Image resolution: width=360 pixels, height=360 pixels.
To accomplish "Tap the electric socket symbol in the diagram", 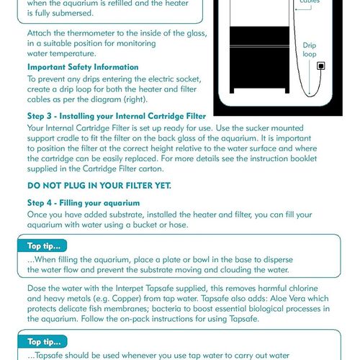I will coord(320,67).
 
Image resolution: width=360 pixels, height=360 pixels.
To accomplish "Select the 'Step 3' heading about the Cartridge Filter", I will coord(117,116).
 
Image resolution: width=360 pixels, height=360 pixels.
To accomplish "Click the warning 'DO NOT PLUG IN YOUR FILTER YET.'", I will coord(99,185).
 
